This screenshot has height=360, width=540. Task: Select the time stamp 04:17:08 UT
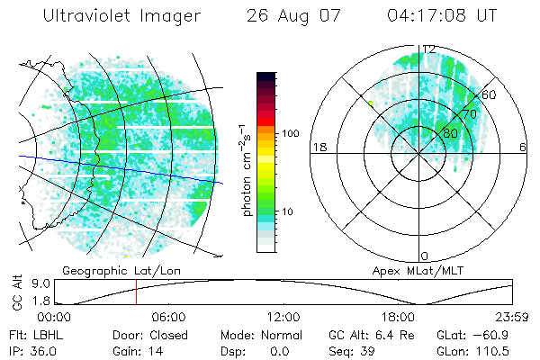coord(439,16)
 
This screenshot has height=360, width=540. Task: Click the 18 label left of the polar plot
coord(318,148)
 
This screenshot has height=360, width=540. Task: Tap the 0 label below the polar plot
coord(424,256)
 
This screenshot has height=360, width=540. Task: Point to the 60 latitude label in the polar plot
coord(489,94)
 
